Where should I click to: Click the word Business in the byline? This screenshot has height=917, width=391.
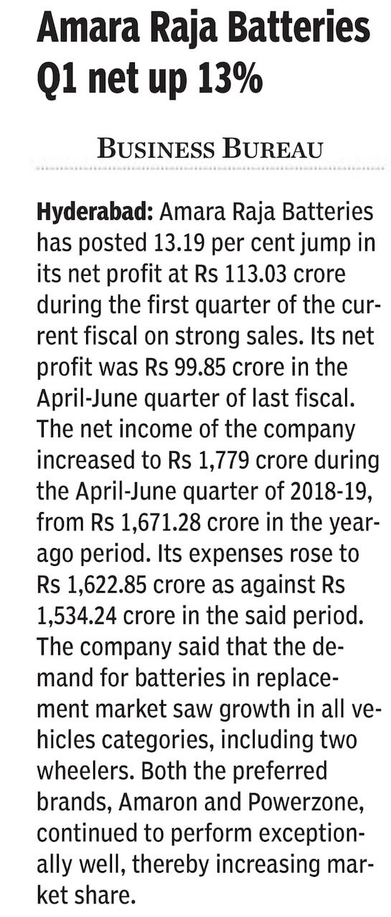(156, 148)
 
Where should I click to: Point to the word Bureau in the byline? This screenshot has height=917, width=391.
(272, 148)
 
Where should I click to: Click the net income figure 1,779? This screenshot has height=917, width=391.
(224, 460)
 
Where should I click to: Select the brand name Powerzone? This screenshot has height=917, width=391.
(306, 802)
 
